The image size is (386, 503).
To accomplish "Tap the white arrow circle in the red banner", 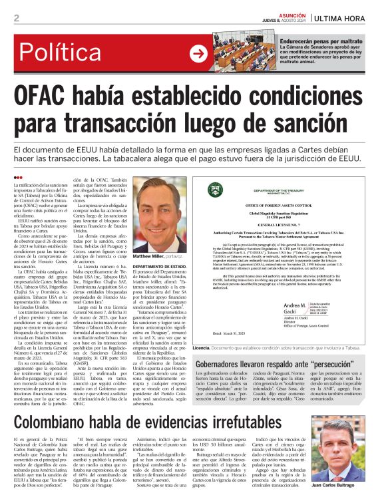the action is (198, 53).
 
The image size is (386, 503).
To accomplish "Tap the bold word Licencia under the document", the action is (202, 347).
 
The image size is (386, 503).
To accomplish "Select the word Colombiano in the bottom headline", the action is (61, 404).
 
